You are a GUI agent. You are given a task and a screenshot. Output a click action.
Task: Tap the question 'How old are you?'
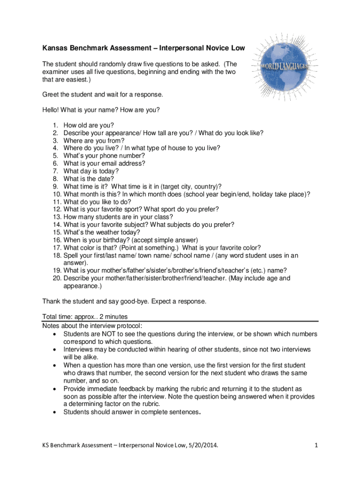(89, 125)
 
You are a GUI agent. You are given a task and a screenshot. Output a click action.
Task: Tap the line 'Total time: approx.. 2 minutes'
(85, 316)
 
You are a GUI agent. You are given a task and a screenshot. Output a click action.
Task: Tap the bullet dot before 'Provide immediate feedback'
(56, 389)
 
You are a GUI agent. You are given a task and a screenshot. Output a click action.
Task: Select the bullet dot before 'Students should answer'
(56, 412)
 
